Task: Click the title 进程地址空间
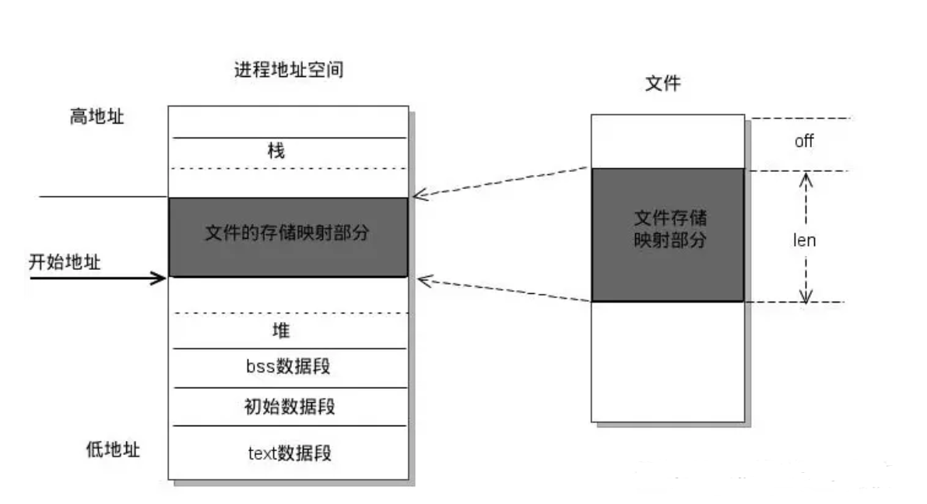288,70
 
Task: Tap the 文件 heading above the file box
662,83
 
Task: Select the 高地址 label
97,117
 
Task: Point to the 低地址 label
113,450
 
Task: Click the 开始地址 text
65,262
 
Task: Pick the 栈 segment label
276,151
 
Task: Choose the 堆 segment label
281,331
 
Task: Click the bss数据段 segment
287,366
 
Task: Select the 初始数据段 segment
289,406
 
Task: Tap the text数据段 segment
289,453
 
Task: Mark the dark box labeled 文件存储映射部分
668,233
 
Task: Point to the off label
804,142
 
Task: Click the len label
804,240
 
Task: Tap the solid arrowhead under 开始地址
161,278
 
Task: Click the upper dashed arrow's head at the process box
418,195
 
